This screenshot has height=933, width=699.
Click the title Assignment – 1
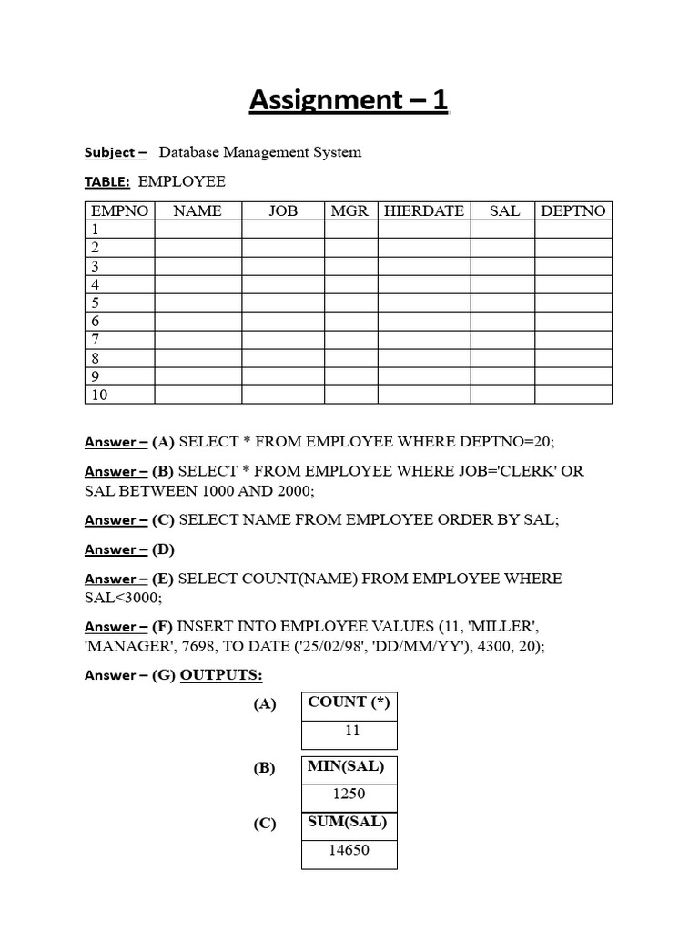(x=349, y=100)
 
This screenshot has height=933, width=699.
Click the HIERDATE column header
(x=423, y=210)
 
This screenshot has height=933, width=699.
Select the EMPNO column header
(x=119, y=210)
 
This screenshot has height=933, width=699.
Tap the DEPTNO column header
(x=572, y=210)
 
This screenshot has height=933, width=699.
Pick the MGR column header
(x=349, y=210)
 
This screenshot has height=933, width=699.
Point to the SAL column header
(x=504, y=210)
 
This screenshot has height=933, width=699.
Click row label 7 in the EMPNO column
(x=95, y=340)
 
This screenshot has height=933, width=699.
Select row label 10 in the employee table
(x=98, y=395)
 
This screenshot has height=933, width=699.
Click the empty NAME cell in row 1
(x=198, y=230)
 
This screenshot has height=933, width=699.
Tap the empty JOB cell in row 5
(x=282, y=302)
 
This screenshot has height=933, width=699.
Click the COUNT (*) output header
(x=349, y=702)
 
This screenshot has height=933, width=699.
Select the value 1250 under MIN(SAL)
(x=349, y=794)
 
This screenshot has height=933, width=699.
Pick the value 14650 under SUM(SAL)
(x=349, y=851)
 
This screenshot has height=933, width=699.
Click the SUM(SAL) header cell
(x=348, y=822)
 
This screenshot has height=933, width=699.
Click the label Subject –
(x=116, y=152)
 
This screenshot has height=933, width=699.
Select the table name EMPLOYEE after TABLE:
(x=181, y=181)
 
